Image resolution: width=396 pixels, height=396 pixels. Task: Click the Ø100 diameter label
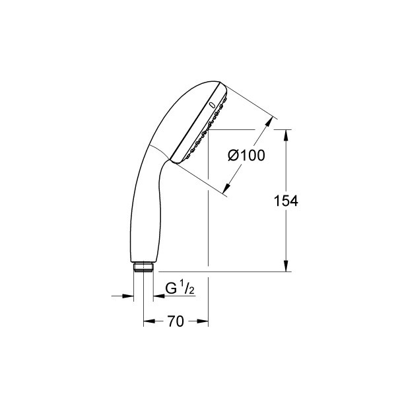(x=246, y=156)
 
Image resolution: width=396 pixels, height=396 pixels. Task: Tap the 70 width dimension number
(x=175, y=321)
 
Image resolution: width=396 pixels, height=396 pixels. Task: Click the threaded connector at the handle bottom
(x=143, y=267)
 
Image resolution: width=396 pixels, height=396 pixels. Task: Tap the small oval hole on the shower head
(x=211, y=104)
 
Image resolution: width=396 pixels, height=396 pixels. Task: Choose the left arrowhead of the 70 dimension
(x=148, y=322)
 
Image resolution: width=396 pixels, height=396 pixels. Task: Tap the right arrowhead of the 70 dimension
(x=205, y=322)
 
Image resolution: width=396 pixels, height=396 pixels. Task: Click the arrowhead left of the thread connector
(x=129, y=296)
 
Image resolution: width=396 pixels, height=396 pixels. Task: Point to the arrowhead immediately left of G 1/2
(x=158, y=296)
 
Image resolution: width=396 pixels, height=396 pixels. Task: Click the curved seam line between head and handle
(x=158, y=148)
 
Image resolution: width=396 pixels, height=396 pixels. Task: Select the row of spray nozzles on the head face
(x=205, y=129)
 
